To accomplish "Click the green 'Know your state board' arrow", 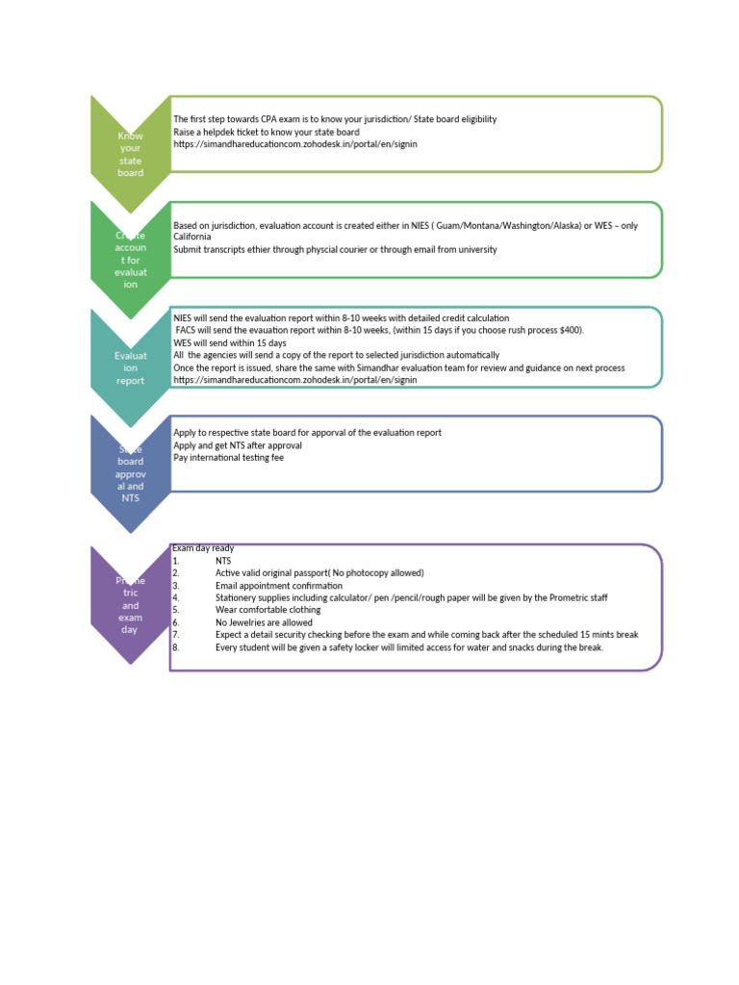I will [130, 154].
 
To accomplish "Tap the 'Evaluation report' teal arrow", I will [130, 367].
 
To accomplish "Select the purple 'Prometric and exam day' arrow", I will [130, 606].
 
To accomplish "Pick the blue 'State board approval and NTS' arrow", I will [130, 473].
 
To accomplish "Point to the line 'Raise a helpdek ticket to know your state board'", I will [267, 132].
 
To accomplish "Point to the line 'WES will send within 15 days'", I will [230, 342].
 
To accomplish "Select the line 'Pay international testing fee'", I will [228, 458].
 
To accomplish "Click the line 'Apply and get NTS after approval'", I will [238, 445].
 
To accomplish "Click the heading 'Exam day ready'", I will [203, 548].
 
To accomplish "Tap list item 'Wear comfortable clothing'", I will [267, 610].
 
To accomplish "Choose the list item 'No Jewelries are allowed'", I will [264, 622].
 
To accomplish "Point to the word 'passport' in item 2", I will [308, 573].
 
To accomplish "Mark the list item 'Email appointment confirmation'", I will [279, 586].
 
